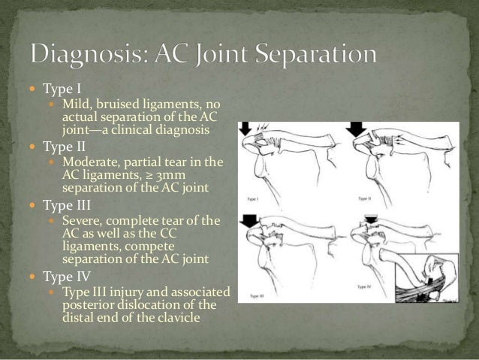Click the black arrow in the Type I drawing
point(246,130)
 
